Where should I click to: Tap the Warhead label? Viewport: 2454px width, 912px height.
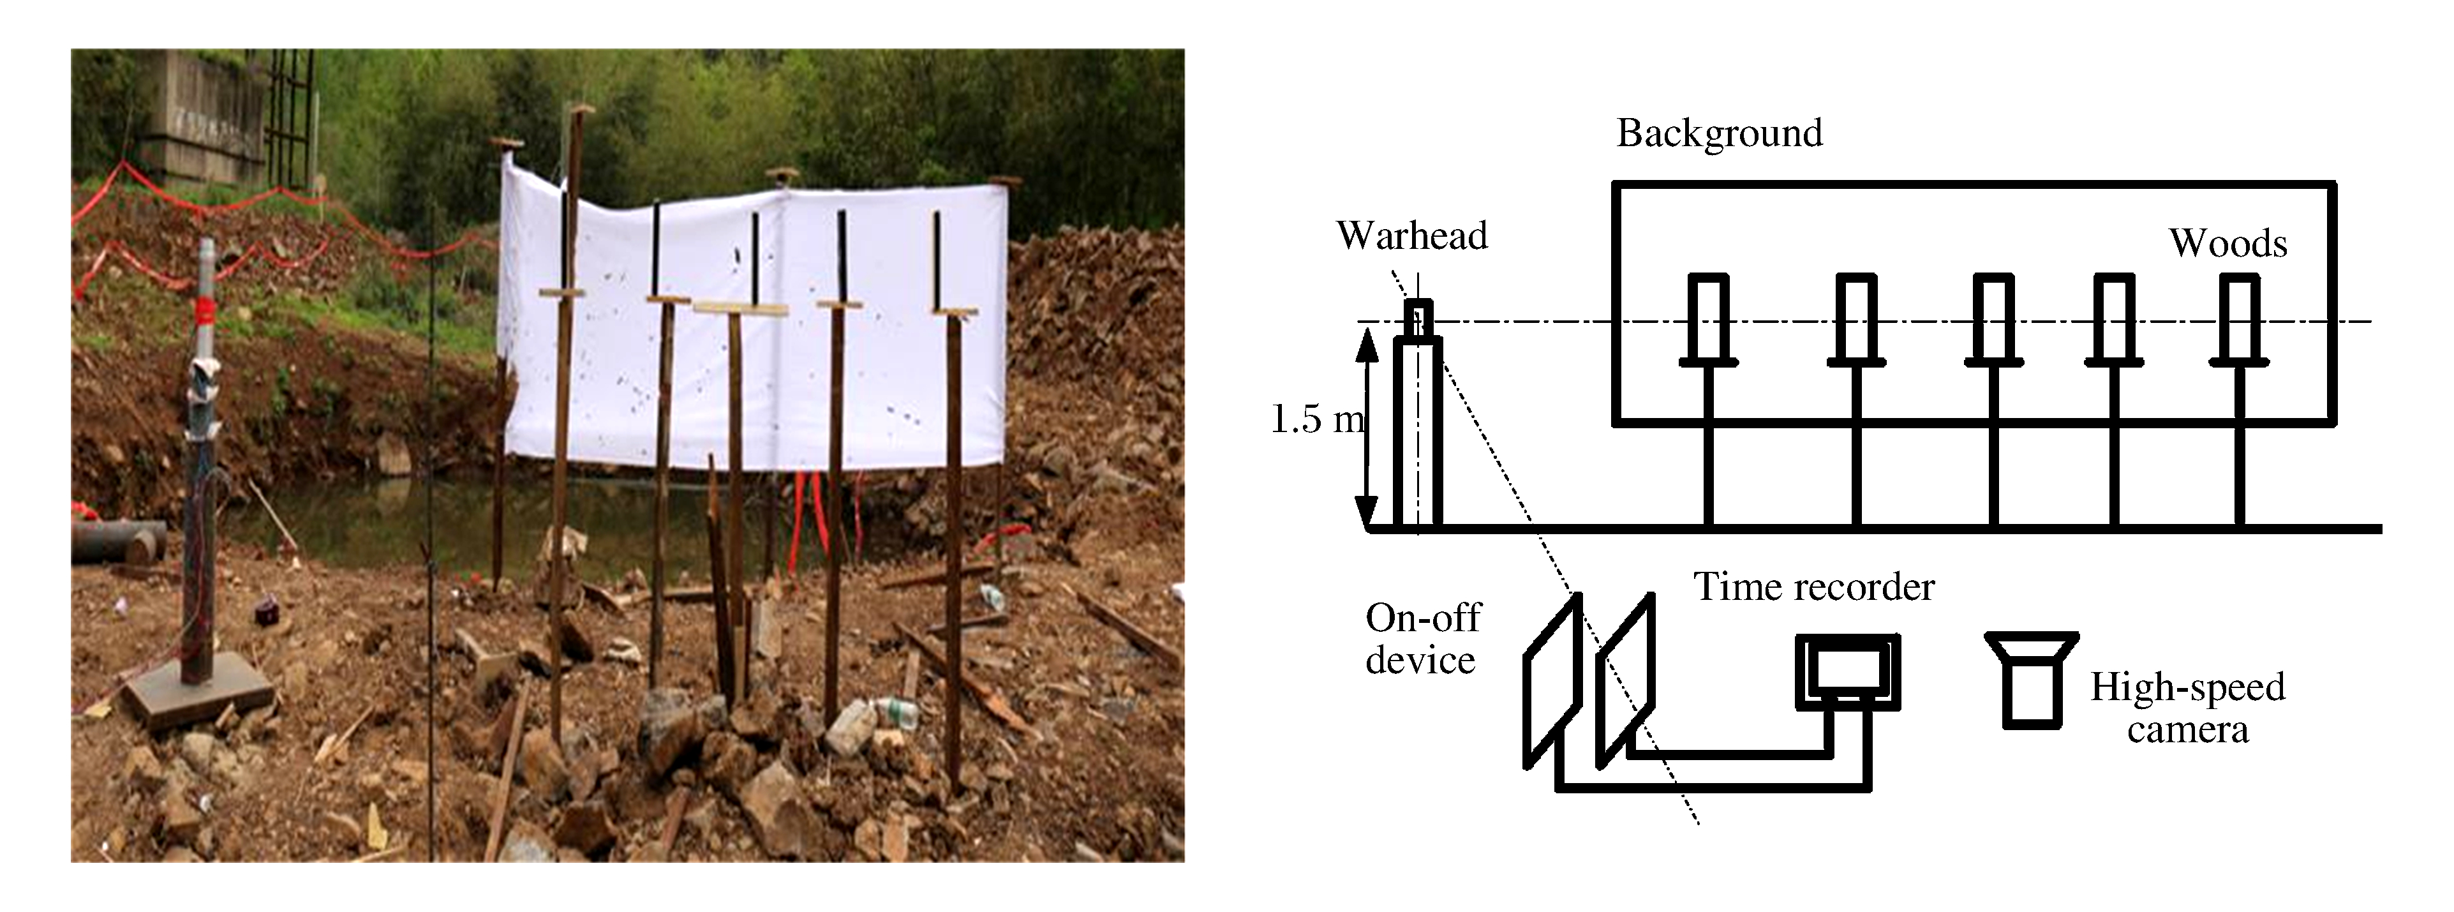[1412, 235]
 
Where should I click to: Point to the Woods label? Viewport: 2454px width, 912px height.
[2228, 244]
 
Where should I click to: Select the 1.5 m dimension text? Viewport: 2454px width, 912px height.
[1316, 419]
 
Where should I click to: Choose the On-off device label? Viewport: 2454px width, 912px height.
[1422, 638]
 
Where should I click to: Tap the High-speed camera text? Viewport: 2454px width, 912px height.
[2187, 708]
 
